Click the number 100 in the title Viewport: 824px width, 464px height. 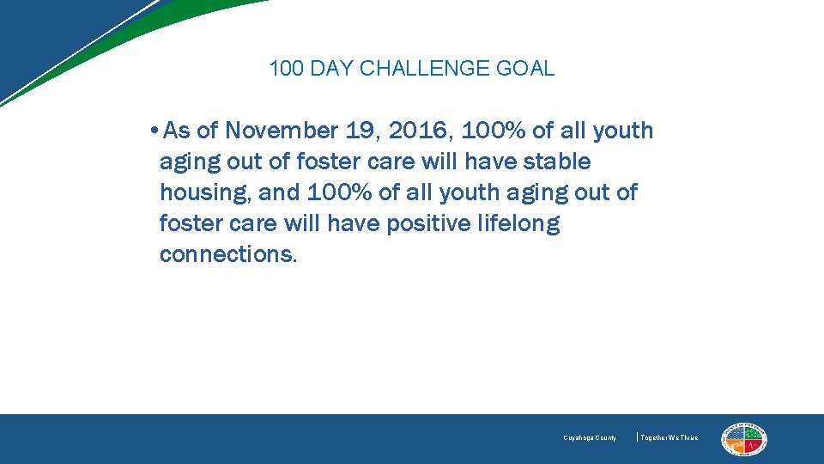[286, 69]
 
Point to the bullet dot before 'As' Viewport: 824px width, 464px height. [152, 131]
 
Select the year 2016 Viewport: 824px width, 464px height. [421, 131]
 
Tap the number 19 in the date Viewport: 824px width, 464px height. [363, 131]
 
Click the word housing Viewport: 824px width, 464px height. [203, 193]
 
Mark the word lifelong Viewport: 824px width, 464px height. [520, 224]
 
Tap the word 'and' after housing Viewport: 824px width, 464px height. [280, 192]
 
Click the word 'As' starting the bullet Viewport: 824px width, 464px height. [177, 131]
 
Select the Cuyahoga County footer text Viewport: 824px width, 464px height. [590, 438]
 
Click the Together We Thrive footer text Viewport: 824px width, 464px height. [669, 438]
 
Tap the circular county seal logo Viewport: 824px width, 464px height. [744, 439]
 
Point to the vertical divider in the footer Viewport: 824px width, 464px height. [637, 437]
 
